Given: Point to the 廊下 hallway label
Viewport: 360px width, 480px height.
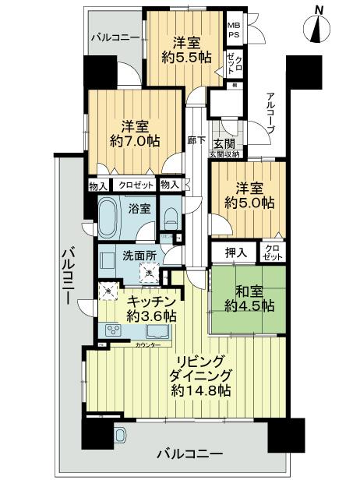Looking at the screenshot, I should (x=196, y=141).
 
